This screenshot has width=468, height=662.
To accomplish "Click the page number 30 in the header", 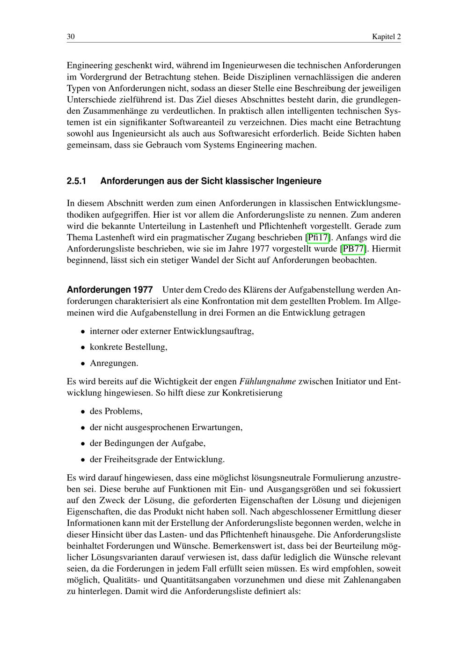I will coord(71,37).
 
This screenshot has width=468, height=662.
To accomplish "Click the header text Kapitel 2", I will coord(386,37).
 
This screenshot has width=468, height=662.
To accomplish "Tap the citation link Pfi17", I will coord(318,237).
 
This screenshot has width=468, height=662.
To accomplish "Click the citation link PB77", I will coord(353,249).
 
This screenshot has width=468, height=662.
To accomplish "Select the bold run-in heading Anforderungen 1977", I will coord(110,290).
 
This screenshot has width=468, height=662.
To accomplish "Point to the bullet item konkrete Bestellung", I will coord(128,347).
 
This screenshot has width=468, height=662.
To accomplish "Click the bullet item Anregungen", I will coord(114,363).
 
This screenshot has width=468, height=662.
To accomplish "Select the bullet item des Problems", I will coord(116,411).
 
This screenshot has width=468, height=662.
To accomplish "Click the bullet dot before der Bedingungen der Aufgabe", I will coord(83,443).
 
